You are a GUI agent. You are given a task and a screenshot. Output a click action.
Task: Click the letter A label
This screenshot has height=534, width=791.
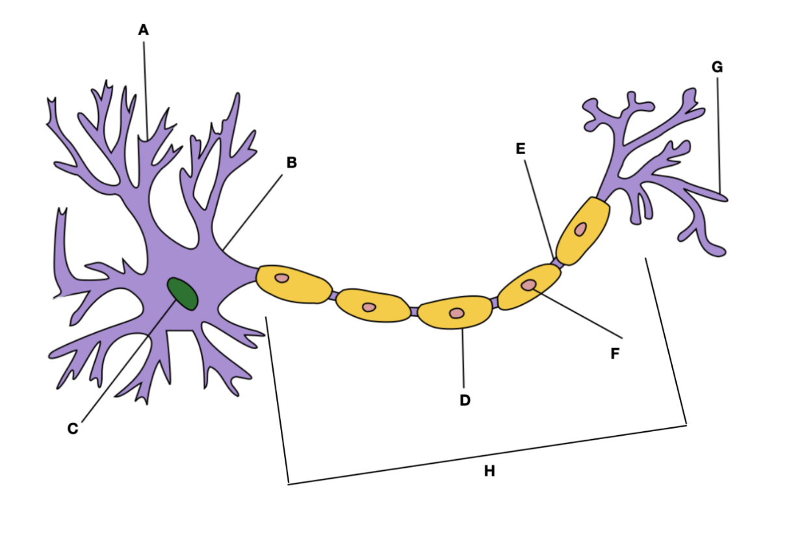click(144, 30)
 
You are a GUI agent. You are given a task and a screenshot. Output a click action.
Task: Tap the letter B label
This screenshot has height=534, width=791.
click(292, 163)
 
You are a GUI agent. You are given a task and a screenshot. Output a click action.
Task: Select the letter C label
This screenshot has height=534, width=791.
click(73, 429)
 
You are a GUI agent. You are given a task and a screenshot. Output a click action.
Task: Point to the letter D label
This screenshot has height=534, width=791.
click(465, 400)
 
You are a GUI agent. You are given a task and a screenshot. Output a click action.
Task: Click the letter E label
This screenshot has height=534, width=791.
click(521, 149)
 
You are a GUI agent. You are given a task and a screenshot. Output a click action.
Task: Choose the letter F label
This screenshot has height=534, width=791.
click(615, 353)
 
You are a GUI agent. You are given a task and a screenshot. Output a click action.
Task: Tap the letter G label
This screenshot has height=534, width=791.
click(717, 67)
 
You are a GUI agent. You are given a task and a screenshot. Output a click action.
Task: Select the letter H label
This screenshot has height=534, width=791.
click(489, 471)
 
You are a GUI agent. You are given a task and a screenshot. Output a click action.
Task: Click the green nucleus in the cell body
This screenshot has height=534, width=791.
click(182, 294)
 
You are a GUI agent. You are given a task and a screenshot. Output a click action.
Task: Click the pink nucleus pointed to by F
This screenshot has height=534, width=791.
click(528, 285)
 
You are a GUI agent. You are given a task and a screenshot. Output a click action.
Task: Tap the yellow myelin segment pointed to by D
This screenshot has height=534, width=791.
click(455, 312)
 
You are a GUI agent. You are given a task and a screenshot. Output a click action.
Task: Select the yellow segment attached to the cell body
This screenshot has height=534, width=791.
click(294, 284)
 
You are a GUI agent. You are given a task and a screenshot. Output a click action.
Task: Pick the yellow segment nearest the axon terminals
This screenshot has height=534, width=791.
click(582, 231)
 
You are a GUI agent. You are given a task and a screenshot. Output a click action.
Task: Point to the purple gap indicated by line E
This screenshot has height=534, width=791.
click(557, 263)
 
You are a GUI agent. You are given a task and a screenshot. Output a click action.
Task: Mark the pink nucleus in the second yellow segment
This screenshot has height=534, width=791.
click(369, 307)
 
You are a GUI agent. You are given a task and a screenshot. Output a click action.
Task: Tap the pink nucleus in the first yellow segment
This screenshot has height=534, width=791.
click(282, 278)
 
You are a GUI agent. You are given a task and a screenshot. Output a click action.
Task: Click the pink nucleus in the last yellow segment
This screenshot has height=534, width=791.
click(580, 229)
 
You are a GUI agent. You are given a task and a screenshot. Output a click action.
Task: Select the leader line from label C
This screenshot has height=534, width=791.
click(129, 360)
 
